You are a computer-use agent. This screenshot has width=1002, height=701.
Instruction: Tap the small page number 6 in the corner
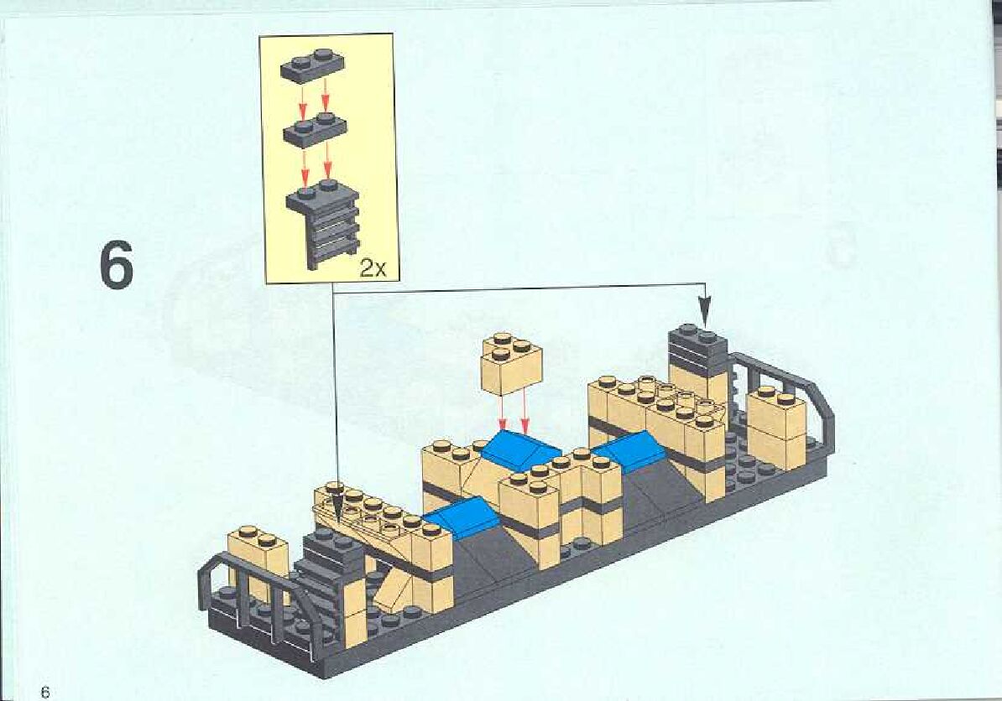[x=45, y=692]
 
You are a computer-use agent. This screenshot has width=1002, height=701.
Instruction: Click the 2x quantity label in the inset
[x=372, y=268]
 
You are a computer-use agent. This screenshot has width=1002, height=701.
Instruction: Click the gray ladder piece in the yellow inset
[x=324, y=222]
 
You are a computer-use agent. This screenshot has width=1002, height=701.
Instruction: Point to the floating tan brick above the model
[x=512, y=363]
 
